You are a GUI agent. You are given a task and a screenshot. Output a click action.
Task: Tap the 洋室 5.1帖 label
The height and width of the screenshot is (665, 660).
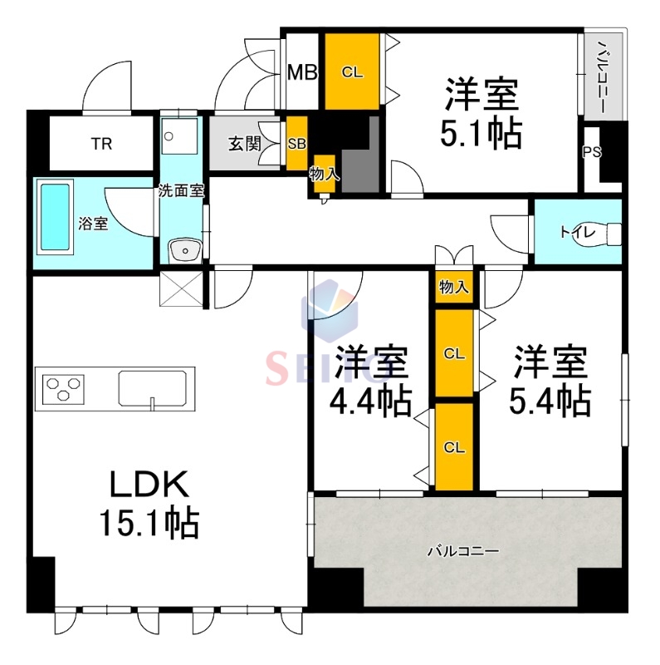point(482,112)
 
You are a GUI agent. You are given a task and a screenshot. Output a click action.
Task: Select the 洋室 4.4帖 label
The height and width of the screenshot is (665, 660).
point(371,381)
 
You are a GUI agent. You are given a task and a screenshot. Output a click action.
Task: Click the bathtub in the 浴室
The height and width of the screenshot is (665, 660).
point(56,218)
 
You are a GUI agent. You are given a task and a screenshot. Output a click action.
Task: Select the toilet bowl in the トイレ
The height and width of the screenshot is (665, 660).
point(612,233)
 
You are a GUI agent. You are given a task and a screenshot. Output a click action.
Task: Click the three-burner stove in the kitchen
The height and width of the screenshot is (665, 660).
point(64,387)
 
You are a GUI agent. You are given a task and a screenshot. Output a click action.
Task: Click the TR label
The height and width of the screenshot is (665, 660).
point(100,144)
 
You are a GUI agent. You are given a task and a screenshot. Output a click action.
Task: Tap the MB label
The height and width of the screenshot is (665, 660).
point(301,72)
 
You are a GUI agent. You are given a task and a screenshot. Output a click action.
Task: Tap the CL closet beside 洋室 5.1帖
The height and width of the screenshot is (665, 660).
point(352,72)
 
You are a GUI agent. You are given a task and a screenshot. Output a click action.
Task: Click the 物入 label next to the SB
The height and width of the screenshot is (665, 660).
point(323,175)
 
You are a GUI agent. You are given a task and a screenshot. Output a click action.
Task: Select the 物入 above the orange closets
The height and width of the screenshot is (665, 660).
point(453,288)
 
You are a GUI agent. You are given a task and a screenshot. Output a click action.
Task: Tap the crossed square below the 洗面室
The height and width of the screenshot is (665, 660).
point(182,288)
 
